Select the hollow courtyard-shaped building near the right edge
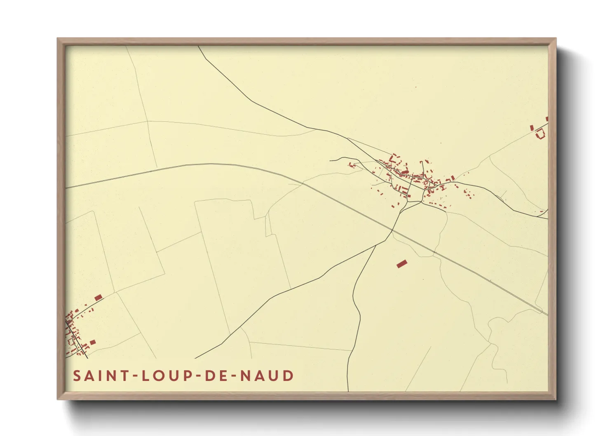[x=540, y=133]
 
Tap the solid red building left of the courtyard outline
[x=532, y=128]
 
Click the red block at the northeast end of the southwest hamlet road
[x=98, y=298]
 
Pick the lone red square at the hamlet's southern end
[x=93, y=342]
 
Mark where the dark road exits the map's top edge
[x=199, y=46]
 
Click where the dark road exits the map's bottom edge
[x=348, y=391]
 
